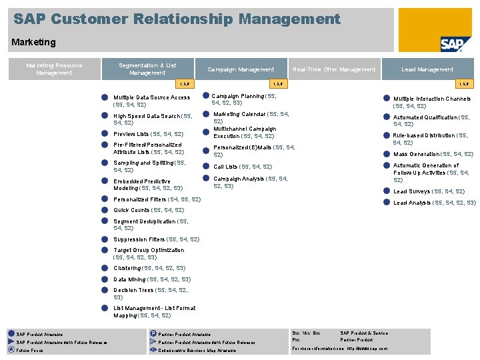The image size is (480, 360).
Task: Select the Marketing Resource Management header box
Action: point(54,69)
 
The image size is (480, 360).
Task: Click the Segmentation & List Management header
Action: point(147,69)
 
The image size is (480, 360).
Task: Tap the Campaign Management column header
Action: point(240,69)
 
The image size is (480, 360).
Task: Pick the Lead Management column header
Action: point(427,69)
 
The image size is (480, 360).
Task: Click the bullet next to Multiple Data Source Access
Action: point(105,97)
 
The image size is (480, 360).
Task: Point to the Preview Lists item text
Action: point(148,134)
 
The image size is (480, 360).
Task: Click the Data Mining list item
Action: point(151,279)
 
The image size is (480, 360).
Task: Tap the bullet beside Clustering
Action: point(105,268)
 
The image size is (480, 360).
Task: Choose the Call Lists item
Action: point(242,167)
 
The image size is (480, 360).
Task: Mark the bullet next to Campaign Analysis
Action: point(205,179)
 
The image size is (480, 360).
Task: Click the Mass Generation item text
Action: point(433,154)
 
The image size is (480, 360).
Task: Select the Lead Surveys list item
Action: point(429,191)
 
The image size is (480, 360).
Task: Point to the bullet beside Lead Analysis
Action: point(386,203)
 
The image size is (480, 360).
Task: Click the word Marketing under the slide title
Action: point(33,42)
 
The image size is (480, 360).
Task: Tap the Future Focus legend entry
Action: point(30,350)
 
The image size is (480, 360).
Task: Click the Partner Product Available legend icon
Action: point(153,334)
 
